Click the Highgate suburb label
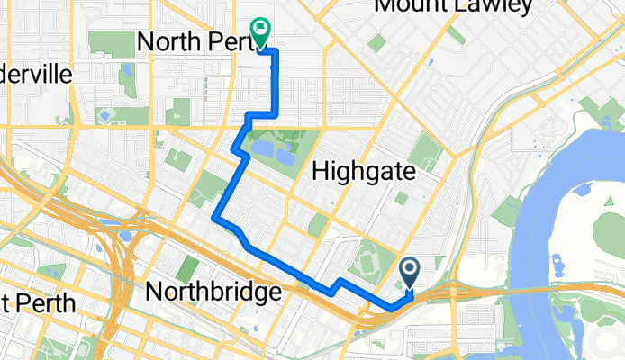pos(363,171)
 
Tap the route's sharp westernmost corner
pos(214,217)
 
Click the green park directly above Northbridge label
pos(187,266)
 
